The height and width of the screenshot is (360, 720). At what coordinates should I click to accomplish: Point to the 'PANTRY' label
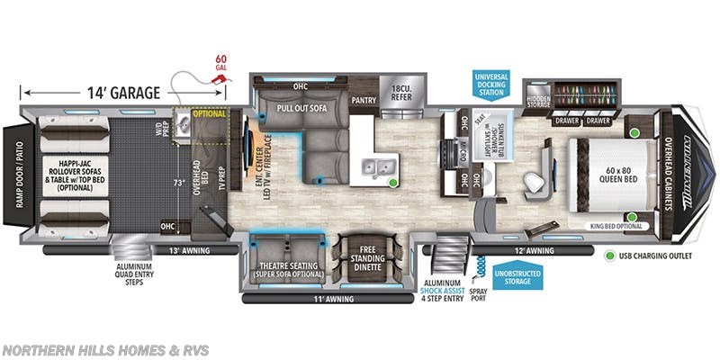(x=364, y=101)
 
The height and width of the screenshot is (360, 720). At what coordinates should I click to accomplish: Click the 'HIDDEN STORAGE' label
(x=538, y=103)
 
